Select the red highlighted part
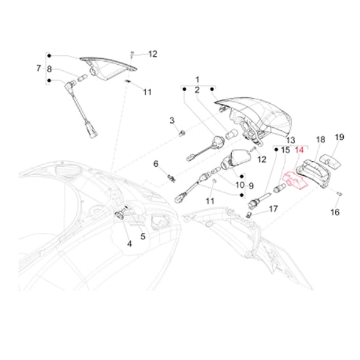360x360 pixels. pyautogui.click(x=295, y=181)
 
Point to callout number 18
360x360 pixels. pyautogui.click(x=320, y=139)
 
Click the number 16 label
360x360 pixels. pyautogui.click(x=335, y=212)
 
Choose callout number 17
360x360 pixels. pyautogui.click(x=273, y=209)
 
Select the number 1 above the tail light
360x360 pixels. pyautogui.click(x=196, y=79)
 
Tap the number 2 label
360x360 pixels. pyautogui.click(x=196, y=90)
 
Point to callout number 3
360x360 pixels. pyautogui.click(x=171, y=121)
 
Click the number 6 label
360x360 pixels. pyautogui.click(x=155, y=164)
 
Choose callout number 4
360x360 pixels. pyautogui.click(x=129, y=244)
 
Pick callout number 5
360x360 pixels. pyautogui.click(x=143, y=236)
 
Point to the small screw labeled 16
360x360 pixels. pyautogui.click(x=340, y=193)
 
